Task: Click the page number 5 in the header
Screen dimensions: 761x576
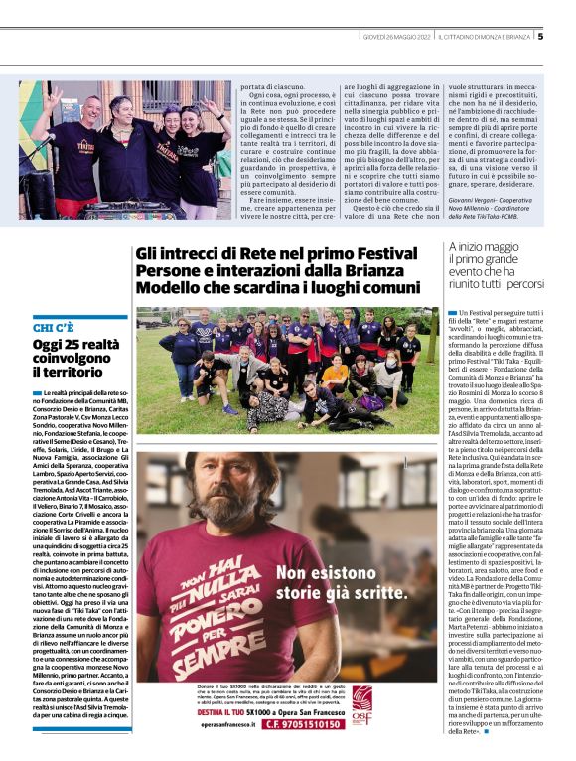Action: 540,37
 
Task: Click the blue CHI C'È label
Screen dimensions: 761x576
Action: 54,327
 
